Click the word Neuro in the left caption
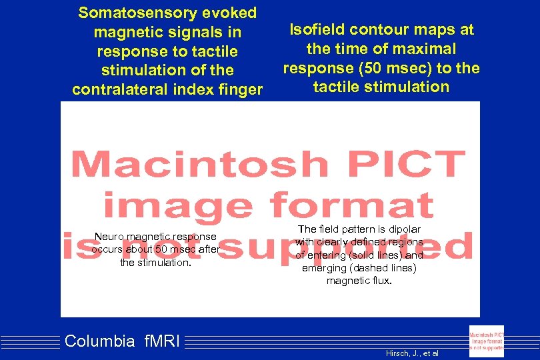coord(109,237)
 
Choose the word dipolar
coord(403,229)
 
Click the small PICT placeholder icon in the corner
coord(487,341)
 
